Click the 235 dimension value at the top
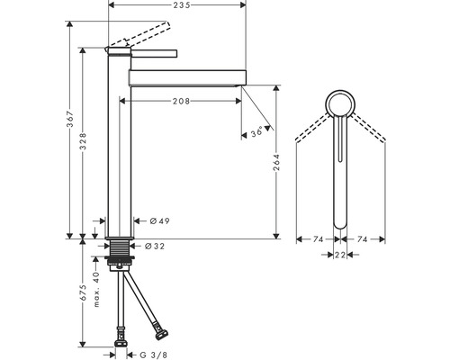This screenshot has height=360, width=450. coord(182,4)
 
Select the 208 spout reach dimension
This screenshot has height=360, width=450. coord(181,101)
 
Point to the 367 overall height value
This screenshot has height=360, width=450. coord(69,119)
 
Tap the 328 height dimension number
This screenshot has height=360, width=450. coord(83,141)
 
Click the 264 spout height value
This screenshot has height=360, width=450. coord(276,163)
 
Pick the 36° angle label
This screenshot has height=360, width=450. coord(256,131)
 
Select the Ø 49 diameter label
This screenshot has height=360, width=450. coord(159,221)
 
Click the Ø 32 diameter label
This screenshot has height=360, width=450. coord(155,247)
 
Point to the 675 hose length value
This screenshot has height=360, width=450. coord(83,292)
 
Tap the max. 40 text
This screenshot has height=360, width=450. coord(96,290)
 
